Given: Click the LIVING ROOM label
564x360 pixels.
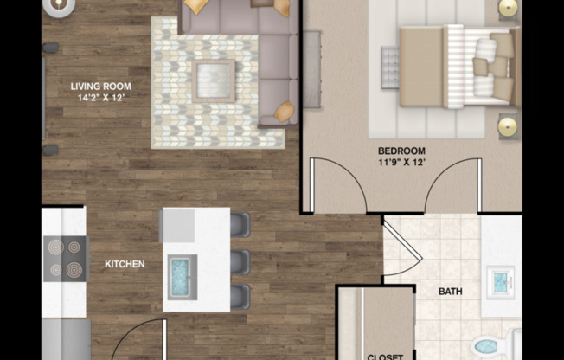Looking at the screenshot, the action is [x=100, y=87].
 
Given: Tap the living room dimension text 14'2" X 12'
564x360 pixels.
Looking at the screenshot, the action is [x=101, y=98].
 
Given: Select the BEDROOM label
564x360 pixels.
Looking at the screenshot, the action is [x=401, y=151].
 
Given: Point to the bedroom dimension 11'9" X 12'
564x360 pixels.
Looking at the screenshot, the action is [x=401, y=162].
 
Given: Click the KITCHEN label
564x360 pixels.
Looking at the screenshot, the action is [x=125, y=264].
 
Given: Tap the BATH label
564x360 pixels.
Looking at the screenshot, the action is [x=451, y=292].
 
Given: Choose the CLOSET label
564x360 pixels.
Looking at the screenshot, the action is [x=385, y=357].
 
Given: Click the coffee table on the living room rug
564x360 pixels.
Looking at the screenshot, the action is [x=214, y=81].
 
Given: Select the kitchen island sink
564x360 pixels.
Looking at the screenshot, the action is [x=183, y=277].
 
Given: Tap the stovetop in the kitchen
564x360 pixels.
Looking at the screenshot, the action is [x=67, y=259].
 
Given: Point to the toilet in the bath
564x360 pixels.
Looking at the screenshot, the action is [x=496, y=345].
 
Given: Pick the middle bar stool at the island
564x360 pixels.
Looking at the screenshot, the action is [x=240, y=261].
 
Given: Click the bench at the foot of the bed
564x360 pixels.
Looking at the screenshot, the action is [x=390, y=67].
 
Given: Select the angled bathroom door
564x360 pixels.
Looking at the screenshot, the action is [x=402, y=239].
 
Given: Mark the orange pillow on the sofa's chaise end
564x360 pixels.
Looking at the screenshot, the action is [x=285, y=112].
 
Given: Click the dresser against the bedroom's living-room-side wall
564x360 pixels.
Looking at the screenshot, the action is [x=312, y=69].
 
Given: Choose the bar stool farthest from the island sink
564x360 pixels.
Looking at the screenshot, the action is [x=240, y=225].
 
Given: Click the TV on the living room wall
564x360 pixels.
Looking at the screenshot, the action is [x=43, y=99].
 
